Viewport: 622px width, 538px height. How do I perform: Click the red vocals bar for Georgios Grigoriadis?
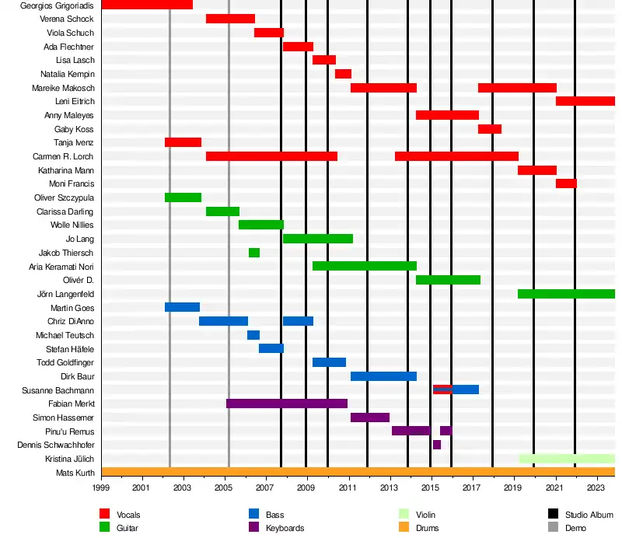147,5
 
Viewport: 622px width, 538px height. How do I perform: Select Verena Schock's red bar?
230,19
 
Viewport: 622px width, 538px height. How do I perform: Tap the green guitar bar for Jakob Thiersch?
254,253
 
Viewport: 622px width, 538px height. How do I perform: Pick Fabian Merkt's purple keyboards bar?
286,403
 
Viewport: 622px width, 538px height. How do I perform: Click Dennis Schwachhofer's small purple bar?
437,445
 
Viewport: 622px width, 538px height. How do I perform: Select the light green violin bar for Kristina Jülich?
567,459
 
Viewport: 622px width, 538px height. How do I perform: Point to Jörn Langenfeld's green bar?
566,294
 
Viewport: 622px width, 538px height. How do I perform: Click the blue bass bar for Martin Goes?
182,307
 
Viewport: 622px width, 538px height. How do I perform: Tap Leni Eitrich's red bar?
585,101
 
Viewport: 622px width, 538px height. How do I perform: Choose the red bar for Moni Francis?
566,183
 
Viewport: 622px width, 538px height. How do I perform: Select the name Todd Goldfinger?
65,362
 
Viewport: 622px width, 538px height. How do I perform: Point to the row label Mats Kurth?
75,473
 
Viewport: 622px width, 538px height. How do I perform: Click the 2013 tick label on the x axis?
389,488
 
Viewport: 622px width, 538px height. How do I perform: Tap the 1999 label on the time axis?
101,488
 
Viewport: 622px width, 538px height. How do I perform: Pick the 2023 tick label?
596,488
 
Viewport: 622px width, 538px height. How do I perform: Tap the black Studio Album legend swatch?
554,514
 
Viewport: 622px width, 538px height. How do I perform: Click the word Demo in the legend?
576,528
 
